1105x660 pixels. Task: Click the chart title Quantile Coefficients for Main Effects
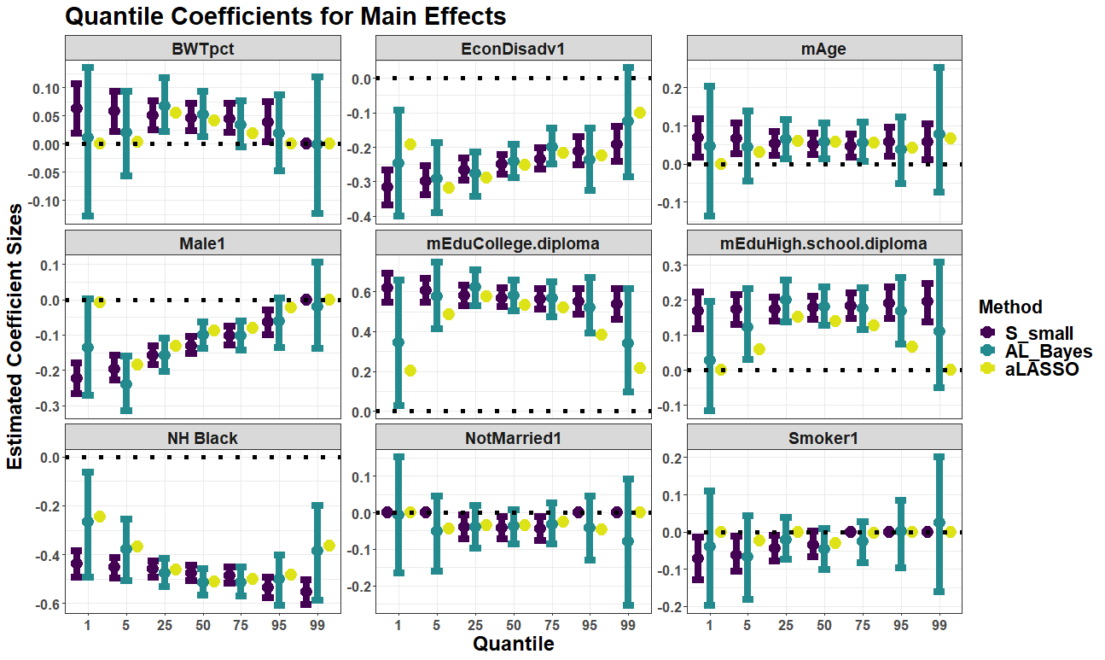(285, 16)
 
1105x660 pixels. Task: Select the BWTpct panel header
(202, 49)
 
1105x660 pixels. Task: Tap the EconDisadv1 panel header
(513, 49)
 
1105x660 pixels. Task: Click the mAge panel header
(823, 49)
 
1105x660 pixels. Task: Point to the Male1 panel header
(202, 243)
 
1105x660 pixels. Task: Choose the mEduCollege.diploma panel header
(513, 243)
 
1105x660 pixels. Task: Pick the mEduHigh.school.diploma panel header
(823, 243)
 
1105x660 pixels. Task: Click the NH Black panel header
(202, 438)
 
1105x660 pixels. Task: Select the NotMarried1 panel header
(513, 438)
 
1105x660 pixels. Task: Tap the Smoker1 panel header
(823, 438)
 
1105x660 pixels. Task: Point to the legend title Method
(1010, 307)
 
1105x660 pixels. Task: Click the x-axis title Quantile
(513, 644)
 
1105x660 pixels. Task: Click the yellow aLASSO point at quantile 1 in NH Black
(99, 517)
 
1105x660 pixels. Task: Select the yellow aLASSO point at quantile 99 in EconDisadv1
(640, 113)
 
